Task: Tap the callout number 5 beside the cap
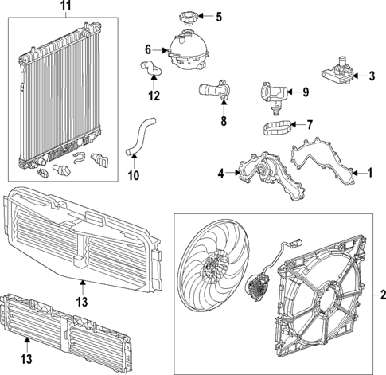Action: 219,16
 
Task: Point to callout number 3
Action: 371,76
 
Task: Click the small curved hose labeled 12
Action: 153,76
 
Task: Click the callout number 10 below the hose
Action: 133,174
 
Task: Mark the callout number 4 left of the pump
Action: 220,171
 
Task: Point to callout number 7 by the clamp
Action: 310,124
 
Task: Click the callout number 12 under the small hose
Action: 154,96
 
